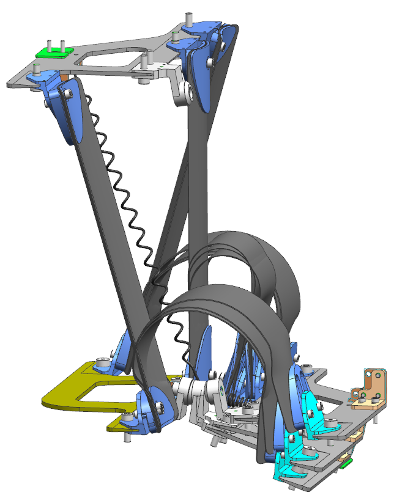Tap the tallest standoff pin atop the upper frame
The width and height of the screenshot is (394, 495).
click(x=189, y=21)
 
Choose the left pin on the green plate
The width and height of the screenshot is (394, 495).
click(x=48, y=44)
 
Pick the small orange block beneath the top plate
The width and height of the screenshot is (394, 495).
click(x=64, y=78)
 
